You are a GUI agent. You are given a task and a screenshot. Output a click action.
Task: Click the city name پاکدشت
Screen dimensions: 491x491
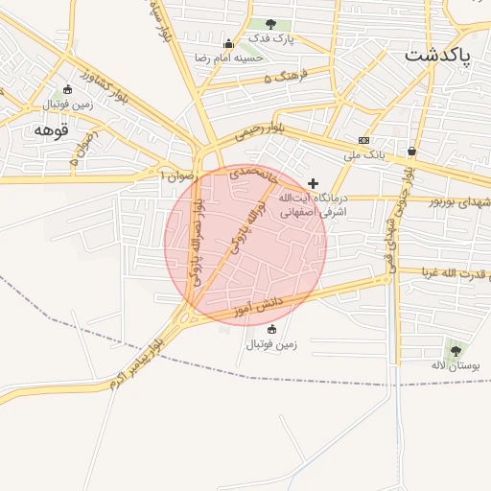click(437, 55)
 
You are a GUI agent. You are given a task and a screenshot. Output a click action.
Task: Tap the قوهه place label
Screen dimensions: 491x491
click(53, 129)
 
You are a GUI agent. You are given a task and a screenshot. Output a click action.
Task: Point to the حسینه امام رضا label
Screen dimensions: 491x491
click(229, 58)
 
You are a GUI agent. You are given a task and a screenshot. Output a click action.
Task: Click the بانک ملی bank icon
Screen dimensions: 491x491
click(363, 140)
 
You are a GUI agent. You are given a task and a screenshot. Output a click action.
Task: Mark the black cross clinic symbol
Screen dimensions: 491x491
click(313, 182)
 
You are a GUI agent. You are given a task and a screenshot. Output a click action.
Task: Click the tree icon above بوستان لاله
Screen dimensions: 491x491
click(456, 351)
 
